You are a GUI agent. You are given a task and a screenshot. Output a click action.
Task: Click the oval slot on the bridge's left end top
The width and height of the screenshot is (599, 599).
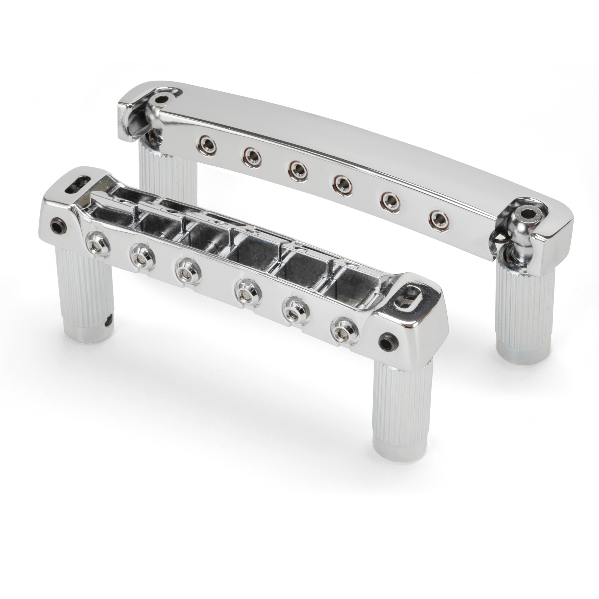(77, 181)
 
